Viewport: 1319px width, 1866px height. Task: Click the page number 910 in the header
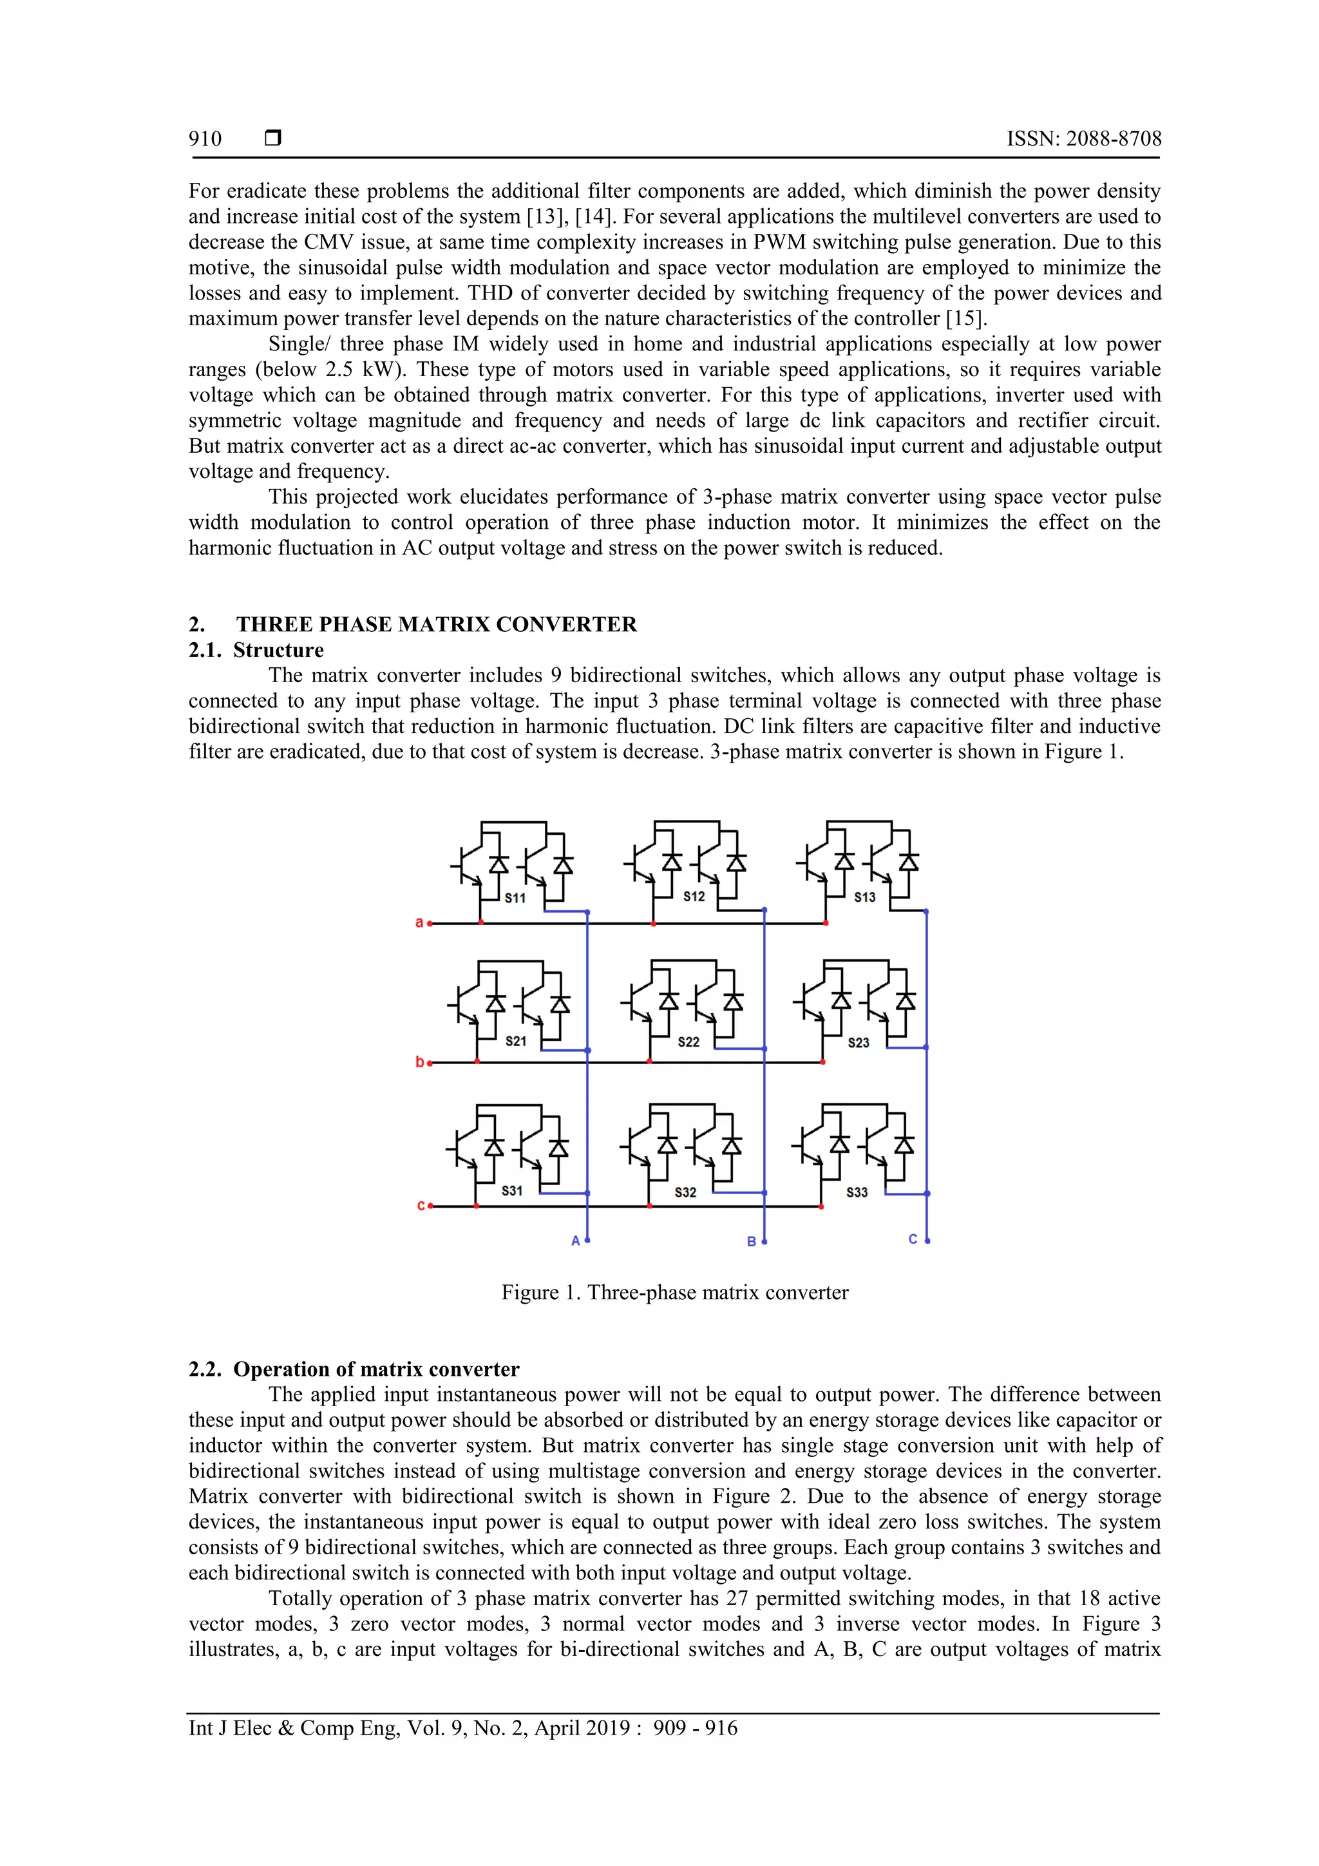[x=205, y=139]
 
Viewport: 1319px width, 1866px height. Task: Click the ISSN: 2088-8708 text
[x=1083, y=139]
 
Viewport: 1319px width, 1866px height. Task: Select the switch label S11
[x=515, y=898]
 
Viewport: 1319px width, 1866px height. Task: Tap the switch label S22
[x=688, y=1042]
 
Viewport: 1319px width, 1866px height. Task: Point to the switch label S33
[x=857, y=1192]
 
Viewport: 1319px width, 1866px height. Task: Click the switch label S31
[x=512, y=1190]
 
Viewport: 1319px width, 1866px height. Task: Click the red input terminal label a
[x=419, y=922]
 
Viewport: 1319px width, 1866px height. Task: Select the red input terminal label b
[x=419, y=1062]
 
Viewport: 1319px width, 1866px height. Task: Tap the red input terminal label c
[x=420, y=1205]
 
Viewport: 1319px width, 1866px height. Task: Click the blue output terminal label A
[x=575, y=1241]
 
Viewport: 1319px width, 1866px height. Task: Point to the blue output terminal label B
[x=752, y=1242]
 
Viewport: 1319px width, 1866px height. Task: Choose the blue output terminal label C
[x=913, y=1239]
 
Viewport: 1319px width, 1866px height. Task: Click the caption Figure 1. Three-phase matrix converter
[x=674, y=1292]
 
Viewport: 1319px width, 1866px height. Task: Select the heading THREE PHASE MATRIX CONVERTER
[x=437, y=624]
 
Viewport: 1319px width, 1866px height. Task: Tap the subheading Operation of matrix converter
[x=375, y=1369]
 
